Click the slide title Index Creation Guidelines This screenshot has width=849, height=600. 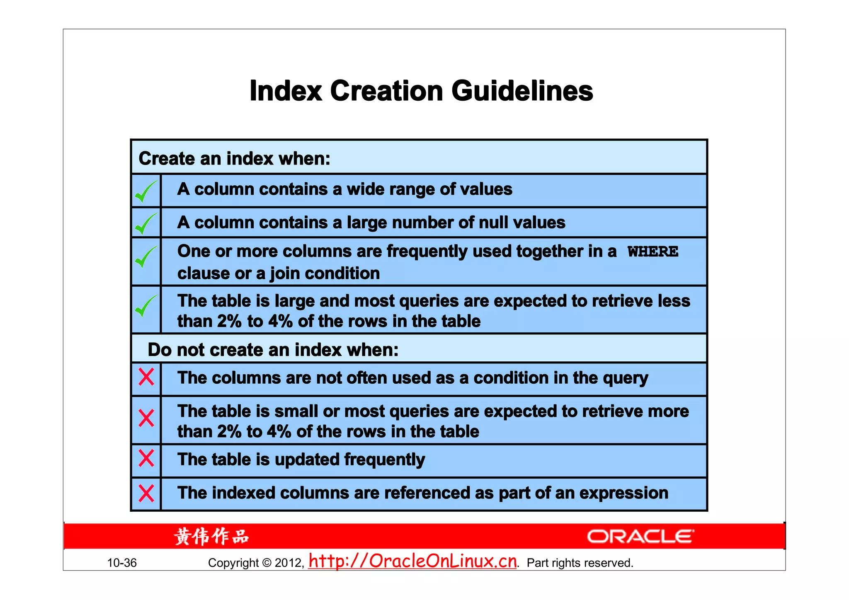click(421, 91)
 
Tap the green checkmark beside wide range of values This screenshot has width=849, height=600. click(146, 191)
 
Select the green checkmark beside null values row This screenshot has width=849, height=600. click(146, 224)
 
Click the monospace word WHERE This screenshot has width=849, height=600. click(653, 252)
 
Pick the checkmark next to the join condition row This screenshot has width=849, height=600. click(146, 257)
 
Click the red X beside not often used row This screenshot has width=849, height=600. click(146, 377)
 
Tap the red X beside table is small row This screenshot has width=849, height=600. click(146, 418)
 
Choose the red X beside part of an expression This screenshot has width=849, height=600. click(146, 493)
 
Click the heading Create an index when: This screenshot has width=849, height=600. click(235, 159)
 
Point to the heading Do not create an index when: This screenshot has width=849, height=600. click(273, 350)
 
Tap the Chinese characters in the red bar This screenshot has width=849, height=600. click(211, 536)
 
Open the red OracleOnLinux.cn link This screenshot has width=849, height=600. click(413, 561)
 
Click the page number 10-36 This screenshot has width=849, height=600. click(122, 563)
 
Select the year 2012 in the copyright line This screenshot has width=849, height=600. click(289, 563)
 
